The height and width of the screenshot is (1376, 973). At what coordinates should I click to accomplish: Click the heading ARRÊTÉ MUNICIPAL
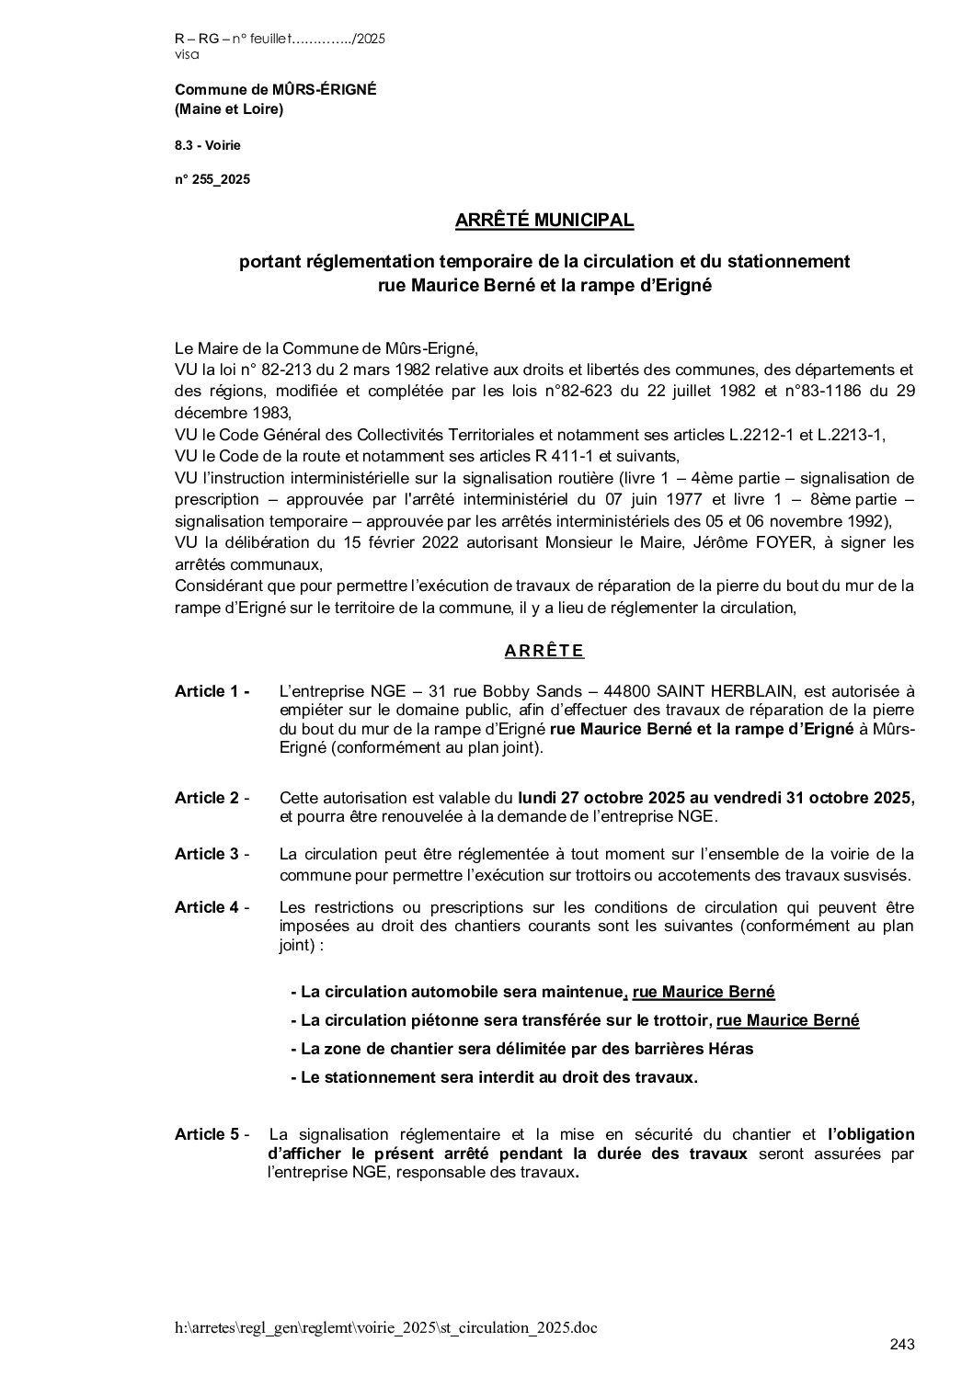click(544, 221)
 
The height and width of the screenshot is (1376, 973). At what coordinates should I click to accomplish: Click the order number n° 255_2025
click(212, 179)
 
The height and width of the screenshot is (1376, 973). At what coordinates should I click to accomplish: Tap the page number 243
click(902, 1345)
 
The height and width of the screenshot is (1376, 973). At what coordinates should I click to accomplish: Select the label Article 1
click(212, 691)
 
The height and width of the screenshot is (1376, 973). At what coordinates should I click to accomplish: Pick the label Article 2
click(212, 798)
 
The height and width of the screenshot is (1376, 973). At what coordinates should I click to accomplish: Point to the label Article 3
click(212, 854)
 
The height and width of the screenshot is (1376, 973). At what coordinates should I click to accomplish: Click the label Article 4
click(212, 907)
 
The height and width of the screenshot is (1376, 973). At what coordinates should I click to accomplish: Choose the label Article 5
click(212, 1134)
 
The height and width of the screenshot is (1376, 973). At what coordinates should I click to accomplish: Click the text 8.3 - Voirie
click(208, 145)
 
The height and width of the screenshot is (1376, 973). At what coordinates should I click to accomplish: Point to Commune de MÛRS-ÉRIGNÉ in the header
click(275, 89)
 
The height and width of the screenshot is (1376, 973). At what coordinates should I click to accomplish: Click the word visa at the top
click(186, 55)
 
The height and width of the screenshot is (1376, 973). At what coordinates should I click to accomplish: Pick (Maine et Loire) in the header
click(229, 109)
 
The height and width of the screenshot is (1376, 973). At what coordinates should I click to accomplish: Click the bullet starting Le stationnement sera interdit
click(494, 1077)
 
